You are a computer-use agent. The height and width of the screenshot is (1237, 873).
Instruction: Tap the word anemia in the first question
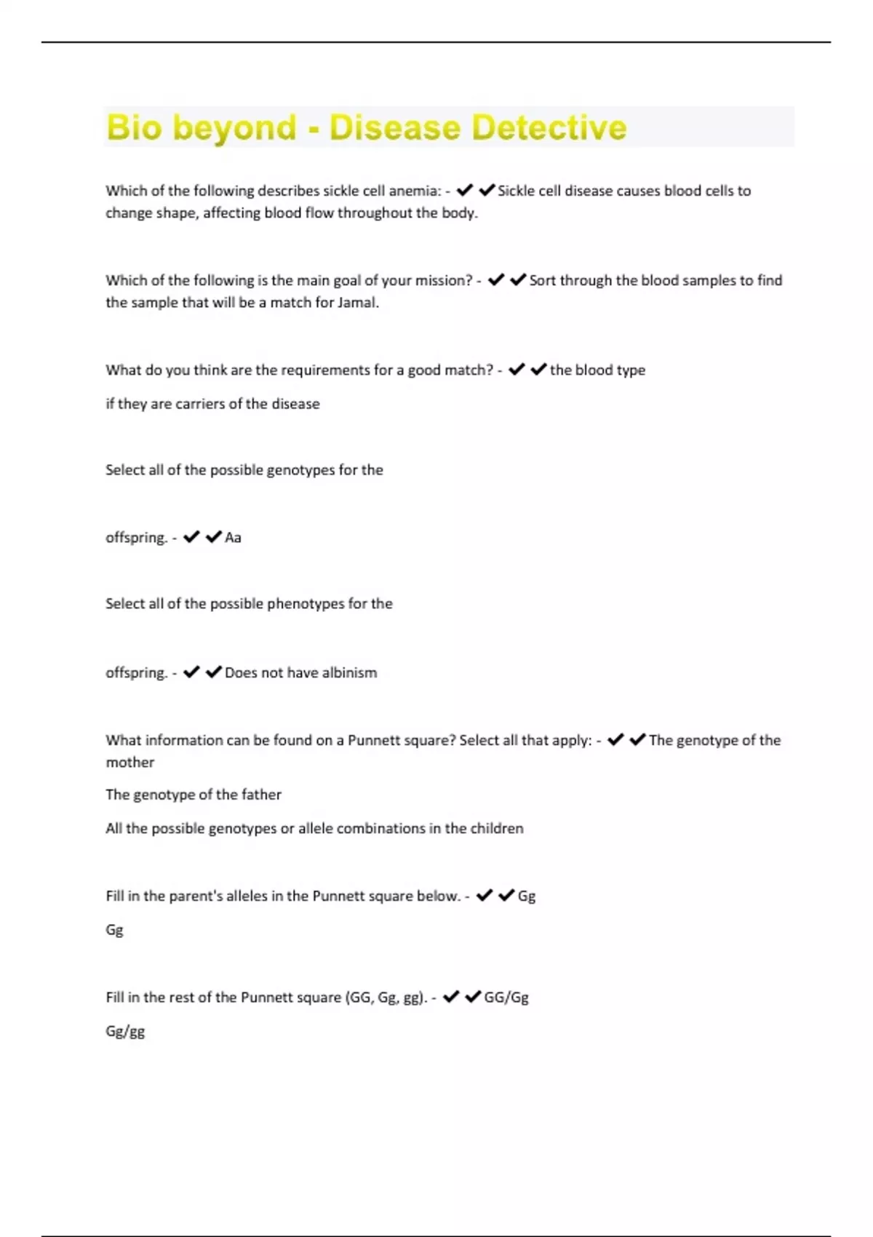pos(414,191)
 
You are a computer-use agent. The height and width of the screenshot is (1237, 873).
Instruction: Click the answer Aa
pos(233,538)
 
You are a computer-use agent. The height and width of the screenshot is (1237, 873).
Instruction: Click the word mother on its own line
pos(129,763)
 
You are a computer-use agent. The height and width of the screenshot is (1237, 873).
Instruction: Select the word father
pos(261,795)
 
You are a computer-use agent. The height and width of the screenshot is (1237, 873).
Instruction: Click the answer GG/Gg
pos(506,998)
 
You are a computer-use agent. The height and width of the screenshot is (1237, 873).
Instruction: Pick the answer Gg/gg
pos(125,1032)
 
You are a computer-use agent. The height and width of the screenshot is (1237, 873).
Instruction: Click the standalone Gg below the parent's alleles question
pos(114,930)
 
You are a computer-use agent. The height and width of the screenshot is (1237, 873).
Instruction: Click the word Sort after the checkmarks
pos(542,281)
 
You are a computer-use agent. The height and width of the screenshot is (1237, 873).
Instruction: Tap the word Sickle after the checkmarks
pos(516,191)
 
